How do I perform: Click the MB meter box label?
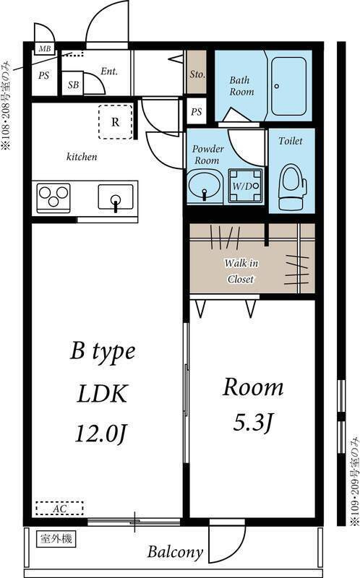(45, 48)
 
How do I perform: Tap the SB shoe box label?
(73, 85)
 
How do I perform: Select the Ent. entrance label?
(109, 71)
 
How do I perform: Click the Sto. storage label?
(197, 74)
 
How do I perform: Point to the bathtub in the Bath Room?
(289, 87)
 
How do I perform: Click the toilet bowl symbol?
(292, 188)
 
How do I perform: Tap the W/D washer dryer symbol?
(245, 186)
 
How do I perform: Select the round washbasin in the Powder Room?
(205, 187)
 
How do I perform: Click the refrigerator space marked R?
(116, 122)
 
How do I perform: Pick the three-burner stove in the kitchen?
(53, 197)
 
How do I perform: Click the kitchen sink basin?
(116, 198)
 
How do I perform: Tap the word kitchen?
(82, 157)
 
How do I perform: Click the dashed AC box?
(59, 508)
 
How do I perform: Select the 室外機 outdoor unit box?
(56, 539)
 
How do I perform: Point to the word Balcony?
(176, 552)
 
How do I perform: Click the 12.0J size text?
(101, 433)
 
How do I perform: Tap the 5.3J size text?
(254, 423)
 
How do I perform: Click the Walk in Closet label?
(241, 271)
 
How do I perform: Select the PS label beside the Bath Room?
(197, 111)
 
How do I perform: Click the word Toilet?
(291, 141)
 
